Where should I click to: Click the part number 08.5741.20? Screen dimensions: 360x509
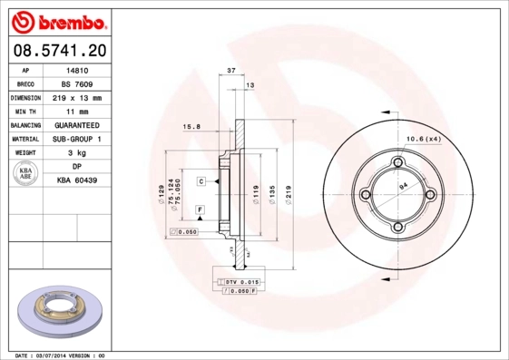pos(61,50)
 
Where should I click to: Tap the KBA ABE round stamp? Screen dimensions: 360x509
pos(25,174)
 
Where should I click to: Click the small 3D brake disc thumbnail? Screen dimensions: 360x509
pos(61,312)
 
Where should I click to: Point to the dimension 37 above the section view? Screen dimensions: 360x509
pos(231,71)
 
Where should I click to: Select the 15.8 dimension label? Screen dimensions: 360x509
pos(191,127)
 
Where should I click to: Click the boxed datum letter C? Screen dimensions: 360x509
pos(201,181)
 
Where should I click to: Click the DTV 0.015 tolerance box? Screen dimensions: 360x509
pos(240,283)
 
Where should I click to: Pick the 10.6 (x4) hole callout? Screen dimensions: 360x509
pos(422,139)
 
